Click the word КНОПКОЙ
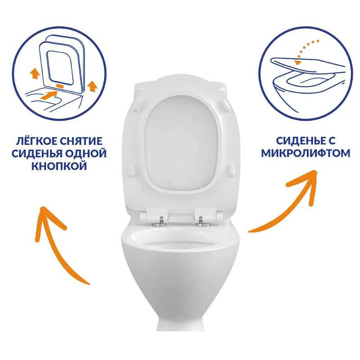(59, 166)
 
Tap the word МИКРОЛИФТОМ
(306, 153)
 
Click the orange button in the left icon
(60, 85)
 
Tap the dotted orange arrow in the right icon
(306, 51)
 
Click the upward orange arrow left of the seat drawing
(35, 73)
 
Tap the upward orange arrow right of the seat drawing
(92, 86)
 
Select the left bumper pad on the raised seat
(131, 170)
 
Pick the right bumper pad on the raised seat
(232, 170)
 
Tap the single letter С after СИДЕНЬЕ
(331, 141)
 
